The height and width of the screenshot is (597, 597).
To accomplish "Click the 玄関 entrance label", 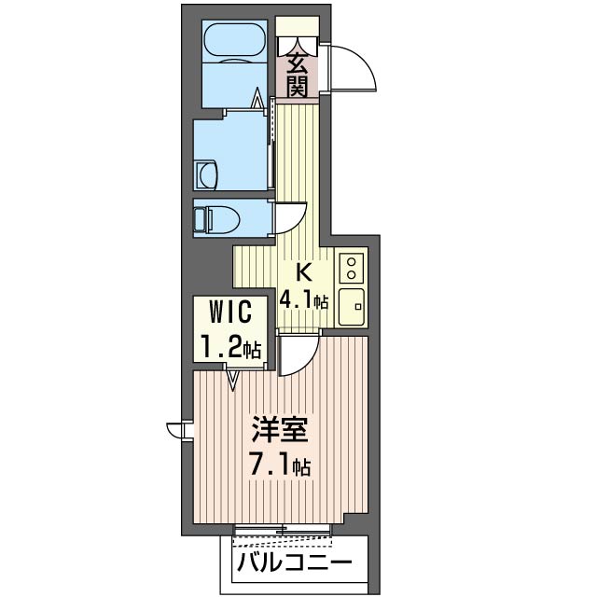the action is pos(298,75).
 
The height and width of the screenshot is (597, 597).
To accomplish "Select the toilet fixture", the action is pos(215,220).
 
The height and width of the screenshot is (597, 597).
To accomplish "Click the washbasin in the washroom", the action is pos(206,174).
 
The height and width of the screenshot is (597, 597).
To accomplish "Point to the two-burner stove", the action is pos(352,268).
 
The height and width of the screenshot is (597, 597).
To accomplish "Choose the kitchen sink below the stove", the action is pos(352,307).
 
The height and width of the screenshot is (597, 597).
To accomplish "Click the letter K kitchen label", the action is pos(304,272).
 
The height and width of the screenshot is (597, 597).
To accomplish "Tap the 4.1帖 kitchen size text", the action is pos(303,300).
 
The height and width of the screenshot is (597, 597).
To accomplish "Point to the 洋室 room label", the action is pos(279,429).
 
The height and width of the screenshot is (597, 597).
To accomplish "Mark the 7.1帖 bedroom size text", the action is pos(280,465).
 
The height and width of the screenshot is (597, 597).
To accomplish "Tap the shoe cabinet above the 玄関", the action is pos(298,26).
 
